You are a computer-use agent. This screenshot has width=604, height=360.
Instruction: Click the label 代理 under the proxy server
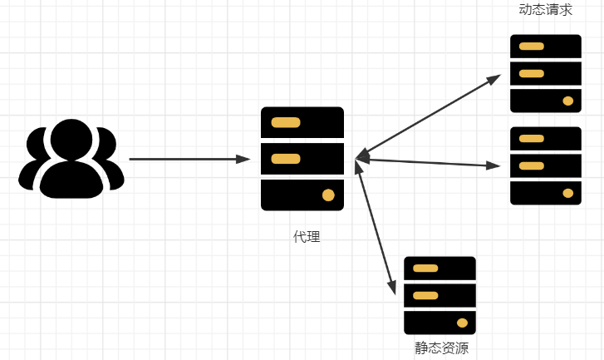pos(307,237)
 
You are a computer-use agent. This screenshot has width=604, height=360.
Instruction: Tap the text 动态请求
pos(545,10)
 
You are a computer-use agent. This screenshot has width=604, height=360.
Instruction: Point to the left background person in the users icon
pos(32,162)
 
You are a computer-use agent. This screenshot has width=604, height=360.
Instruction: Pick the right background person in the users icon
pos(111,162)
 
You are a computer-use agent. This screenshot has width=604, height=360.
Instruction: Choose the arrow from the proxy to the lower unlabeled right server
pos(428,162)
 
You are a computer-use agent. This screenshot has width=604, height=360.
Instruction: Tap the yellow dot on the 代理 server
pos(328,195)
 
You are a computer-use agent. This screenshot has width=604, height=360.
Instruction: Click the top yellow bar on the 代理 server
pos(286,122)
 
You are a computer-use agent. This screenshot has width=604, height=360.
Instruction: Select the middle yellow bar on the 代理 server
pos(286,159)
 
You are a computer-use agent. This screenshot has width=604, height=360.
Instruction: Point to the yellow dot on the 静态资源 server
pos(462,323)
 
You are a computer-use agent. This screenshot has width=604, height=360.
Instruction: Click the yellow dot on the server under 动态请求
pos(568,101)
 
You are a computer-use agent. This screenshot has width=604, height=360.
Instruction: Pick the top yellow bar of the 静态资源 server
pos(425,269)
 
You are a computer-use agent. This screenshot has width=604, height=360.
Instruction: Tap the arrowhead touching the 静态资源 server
pos(391,288)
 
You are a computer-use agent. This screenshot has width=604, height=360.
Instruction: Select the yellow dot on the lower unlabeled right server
pos(568,193)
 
